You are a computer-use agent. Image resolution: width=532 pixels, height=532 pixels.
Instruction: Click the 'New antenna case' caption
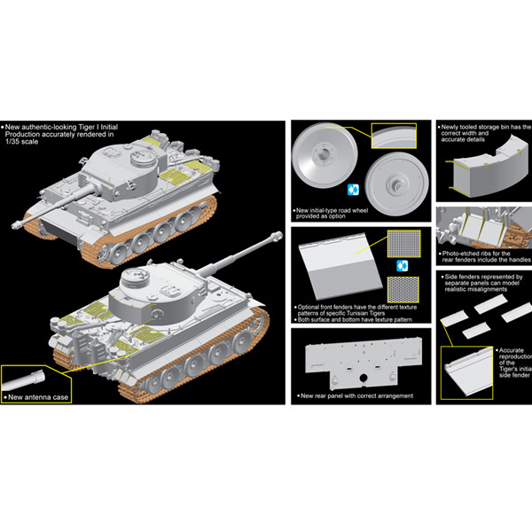[x=38, y=397]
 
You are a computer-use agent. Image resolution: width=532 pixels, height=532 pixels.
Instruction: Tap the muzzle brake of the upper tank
[x=17, y=224]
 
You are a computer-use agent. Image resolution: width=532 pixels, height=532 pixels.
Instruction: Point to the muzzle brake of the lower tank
[x=277, y=236]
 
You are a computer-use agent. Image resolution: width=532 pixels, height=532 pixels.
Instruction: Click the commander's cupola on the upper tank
[x=143, y=158]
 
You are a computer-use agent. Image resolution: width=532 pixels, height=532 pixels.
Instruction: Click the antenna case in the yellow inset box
[x=23, y=380]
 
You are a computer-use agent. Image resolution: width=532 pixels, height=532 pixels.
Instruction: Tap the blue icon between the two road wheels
[x=353, y=190]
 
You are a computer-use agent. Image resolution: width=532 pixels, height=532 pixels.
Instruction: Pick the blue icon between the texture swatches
[x=403, y=266]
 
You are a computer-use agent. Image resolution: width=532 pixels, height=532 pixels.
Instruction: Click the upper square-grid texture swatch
[x=403, y=243]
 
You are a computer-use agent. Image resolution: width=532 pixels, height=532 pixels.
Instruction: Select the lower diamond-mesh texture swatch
[x=403, y=289]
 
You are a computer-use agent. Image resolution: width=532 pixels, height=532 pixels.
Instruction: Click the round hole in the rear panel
[x=363, y=378]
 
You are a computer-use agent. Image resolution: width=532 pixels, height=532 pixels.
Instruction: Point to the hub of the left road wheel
[x=322, y=154]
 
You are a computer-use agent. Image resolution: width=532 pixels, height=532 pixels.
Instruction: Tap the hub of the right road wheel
[x=396, y=185]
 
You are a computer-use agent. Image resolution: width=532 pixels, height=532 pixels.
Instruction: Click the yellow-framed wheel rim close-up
[x=394, y=136]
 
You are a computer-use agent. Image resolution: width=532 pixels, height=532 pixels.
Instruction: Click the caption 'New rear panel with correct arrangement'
[x=357, y=396]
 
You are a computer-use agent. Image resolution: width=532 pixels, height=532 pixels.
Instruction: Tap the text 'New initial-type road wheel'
[x=332, y=210]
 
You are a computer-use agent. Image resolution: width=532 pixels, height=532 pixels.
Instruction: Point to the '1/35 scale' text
[x=22, y=142]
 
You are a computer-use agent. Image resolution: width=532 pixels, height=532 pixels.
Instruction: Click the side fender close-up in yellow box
[x=467, y=373]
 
